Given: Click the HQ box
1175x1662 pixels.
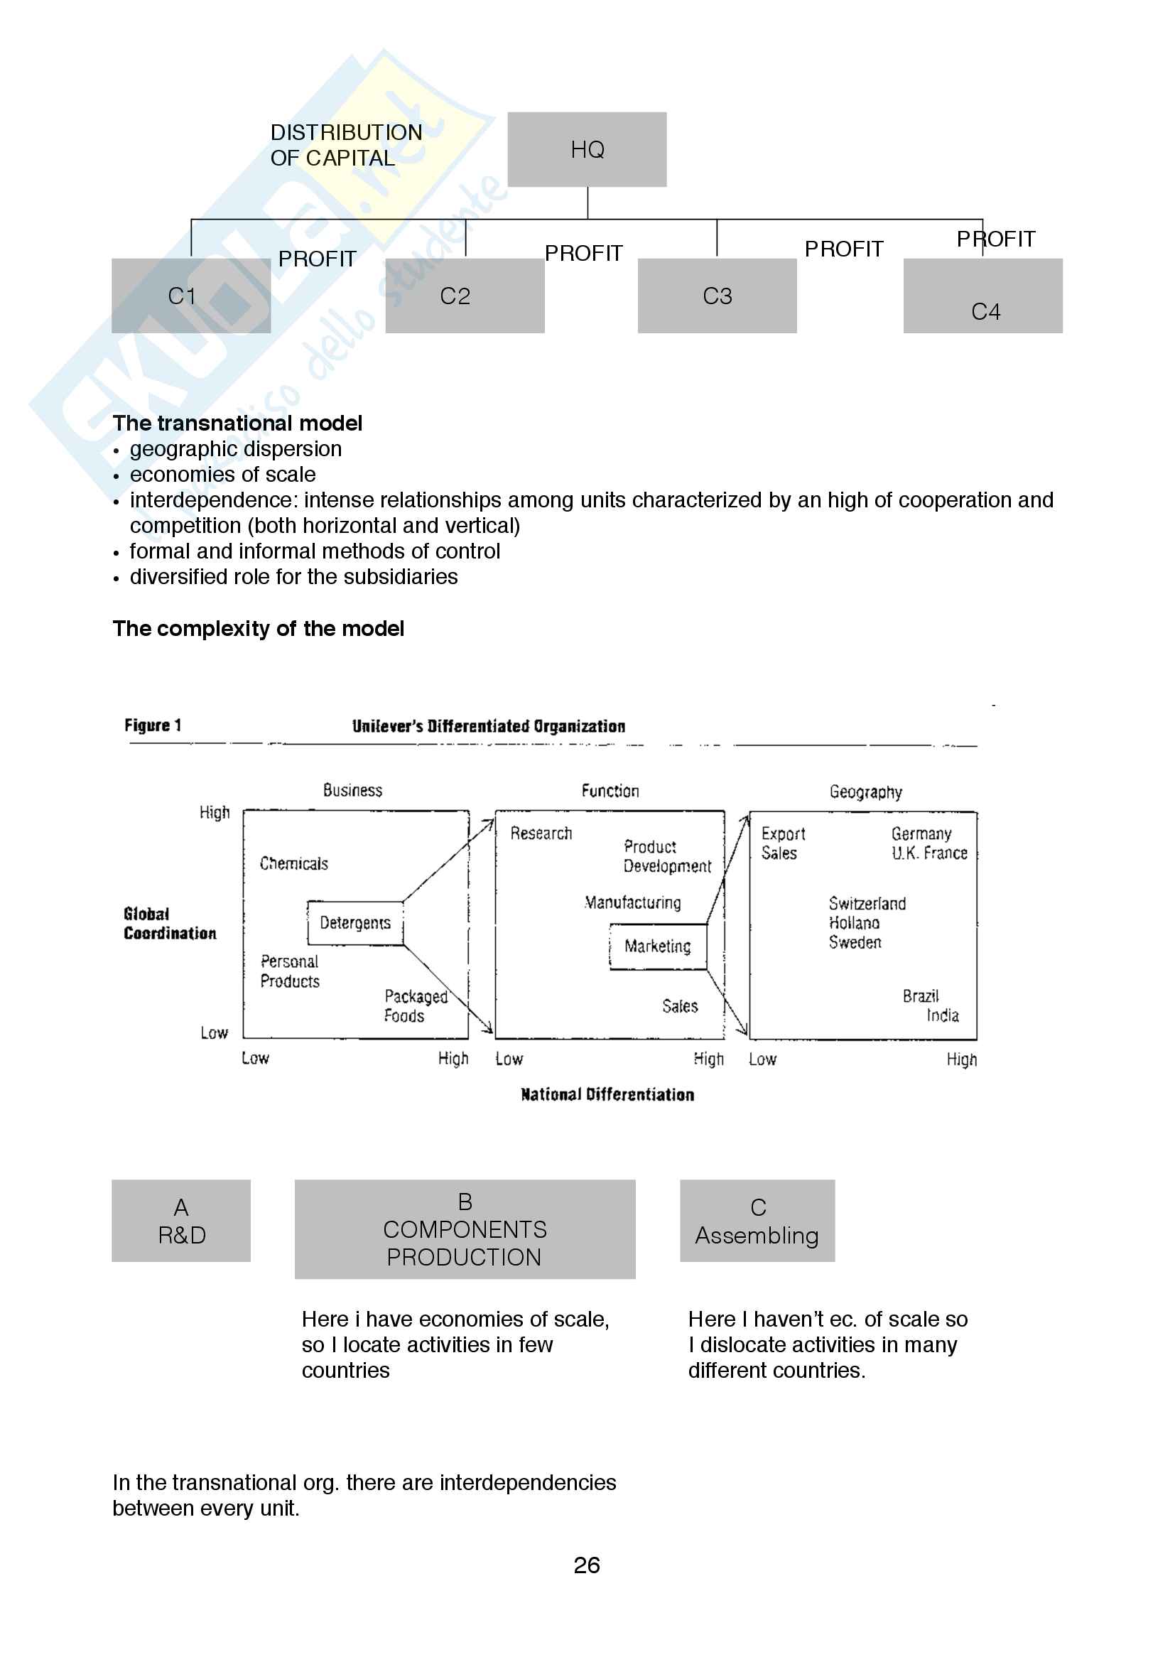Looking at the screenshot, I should tap(587, 149).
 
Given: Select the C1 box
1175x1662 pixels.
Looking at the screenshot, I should tap(190, 296).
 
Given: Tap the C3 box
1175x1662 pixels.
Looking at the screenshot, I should tap(716, 296).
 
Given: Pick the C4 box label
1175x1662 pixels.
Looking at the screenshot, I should tap(985, 311).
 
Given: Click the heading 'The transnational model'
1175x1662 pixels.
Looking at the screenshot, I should tap(237, 423).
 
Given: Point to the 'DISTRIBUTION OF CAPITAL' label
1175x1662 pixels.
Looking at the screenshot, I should tap(345, 145).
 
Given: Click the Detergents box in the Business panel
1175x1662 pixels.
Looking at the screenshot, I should tap(354, 922).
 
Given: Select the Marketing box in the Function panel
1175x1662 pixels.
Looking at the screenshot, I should tap(657, 946).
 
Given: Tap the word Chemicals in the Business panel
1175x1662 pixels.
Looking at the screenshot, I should tap(294, 863).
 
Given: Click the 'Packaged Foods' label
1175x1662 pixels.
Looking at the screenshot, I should tap(416, 1005).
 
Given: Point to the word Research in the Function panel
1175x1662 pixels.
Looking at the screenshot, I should tap(541, 833).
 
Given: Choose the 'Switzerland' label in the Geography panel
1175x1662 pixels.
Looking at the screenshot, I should tap(867, 903).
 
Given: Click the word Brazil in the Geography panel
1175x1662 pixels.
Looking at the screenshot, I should tap(920, 996).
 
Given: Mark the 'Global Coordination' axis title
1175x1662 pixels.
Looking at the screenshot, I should tap(169, 923).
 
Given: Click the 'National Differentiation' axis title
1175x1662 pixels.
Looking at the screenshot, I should tap(607, 1094).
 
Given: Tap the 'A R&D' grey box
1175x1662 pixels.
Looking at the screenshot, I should tap(181, 1221).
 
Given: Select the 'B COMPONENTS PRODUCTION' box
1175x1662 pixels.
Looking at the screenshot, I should tap(465, 1229).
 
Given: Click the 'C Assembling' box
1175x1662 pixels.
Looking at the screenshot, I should tap(757, 1221).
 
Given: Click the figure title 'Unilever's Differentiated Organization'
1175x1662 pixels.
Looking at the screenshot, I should tap(488, 726).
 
